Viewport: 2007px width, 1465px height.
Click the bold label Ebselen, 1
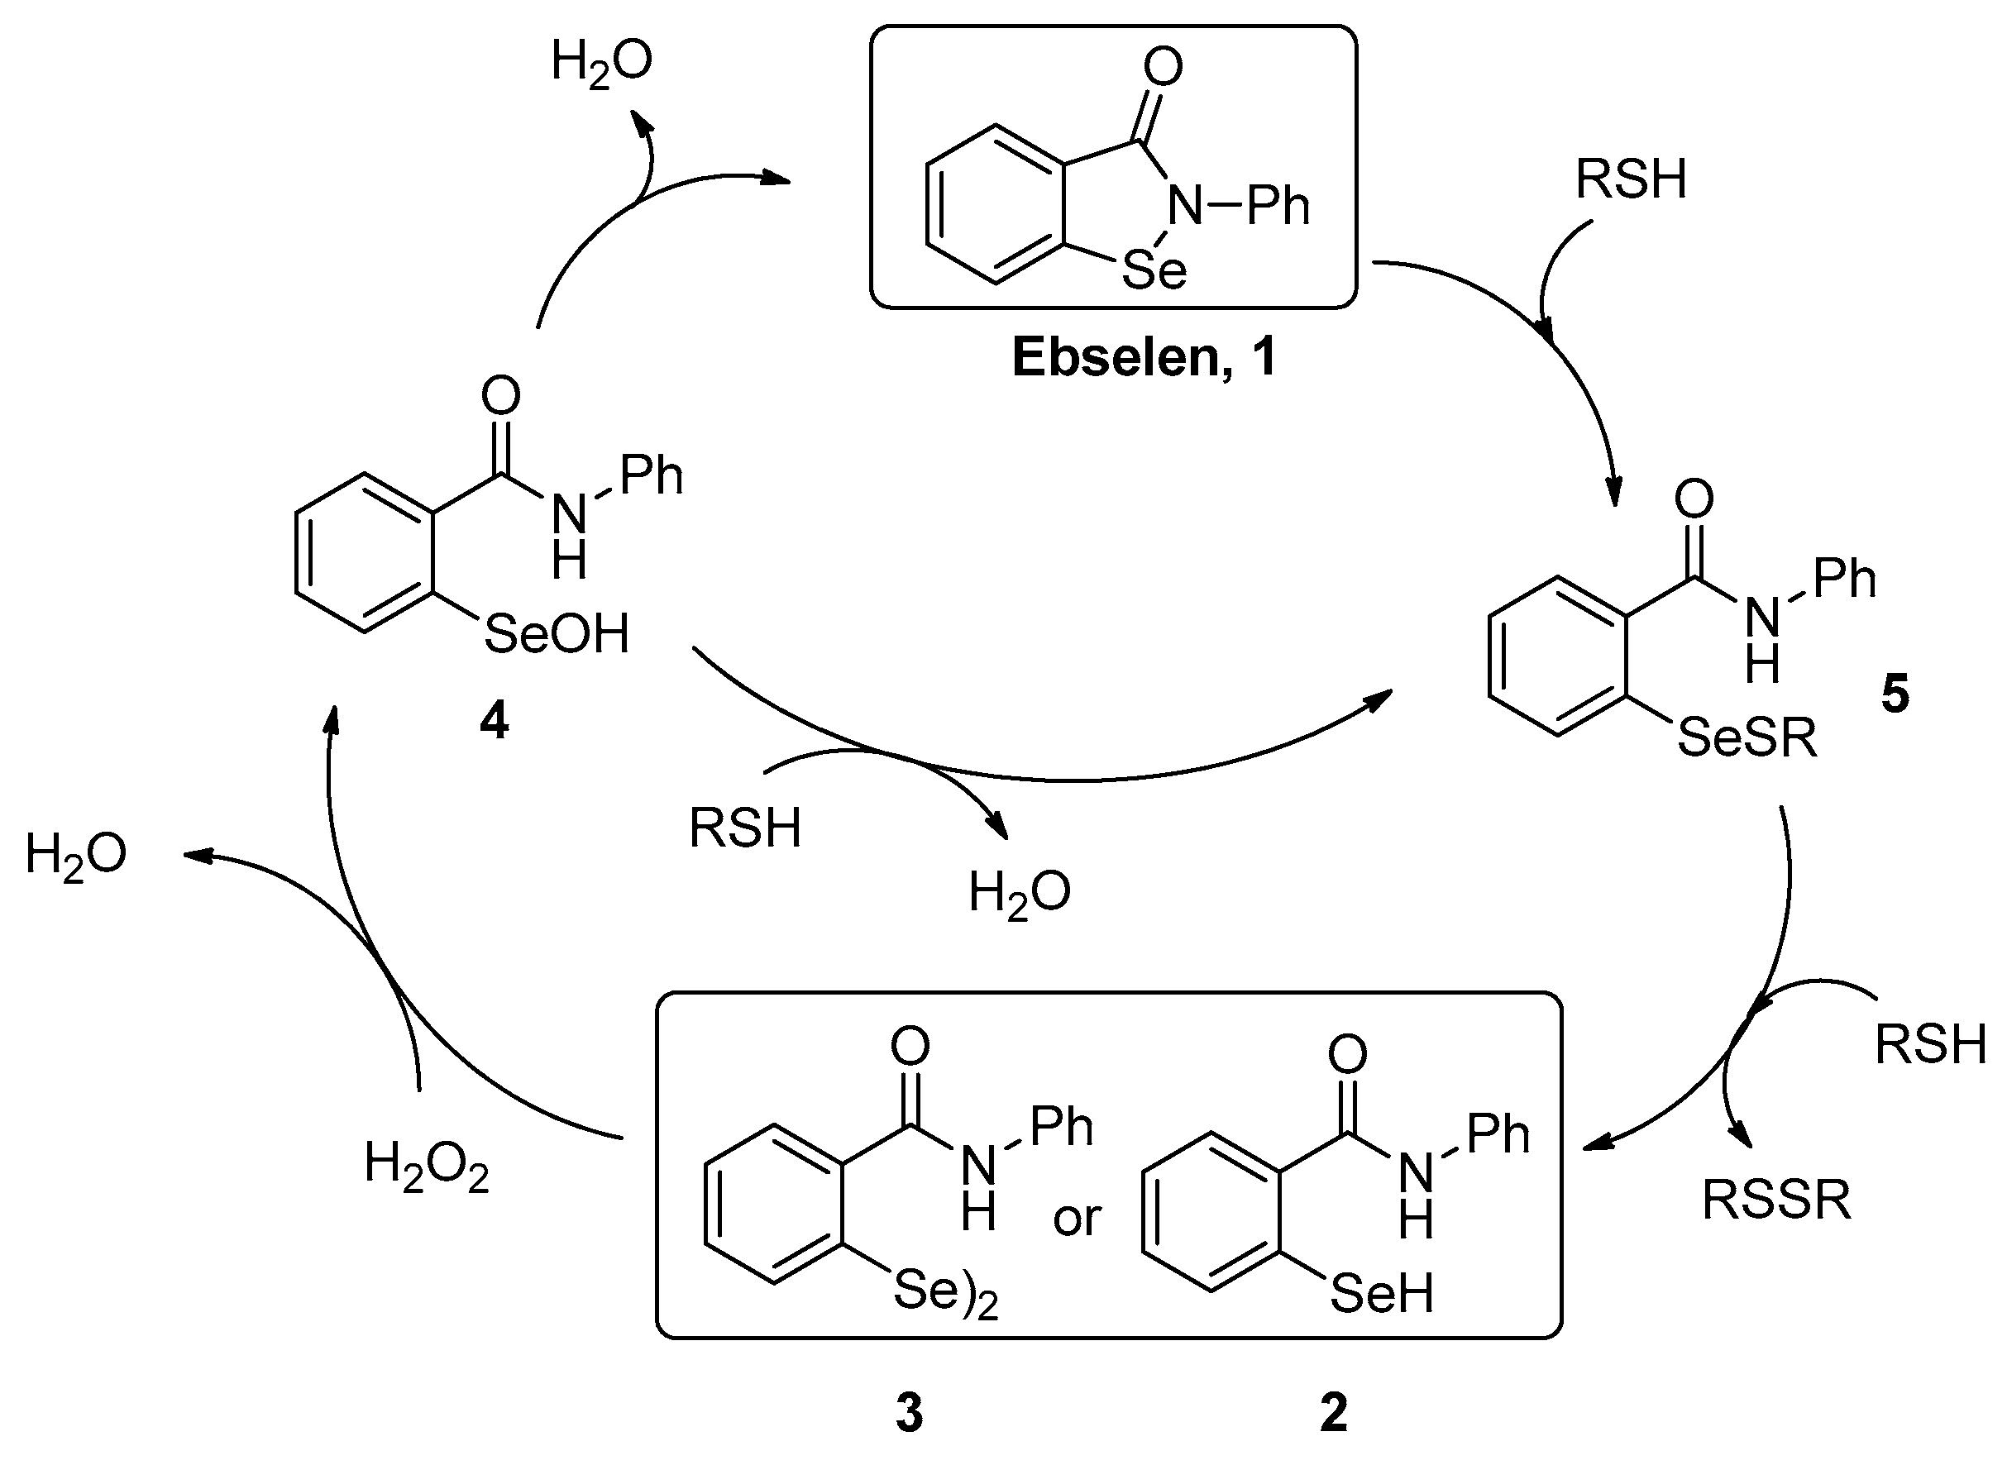click(1143, 358)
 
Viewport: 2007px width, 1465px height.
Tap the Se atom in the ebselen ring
click(1154, 270)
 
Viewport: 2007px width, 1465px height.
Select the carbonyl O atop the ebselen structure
click(1163, 68)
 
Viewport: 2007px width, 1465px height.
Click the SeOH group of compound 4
click(556, 634)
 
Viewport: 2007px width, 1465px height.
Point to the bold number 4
click(494, 722)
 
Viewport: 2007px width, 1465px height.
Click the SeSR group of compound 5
click(1747, 737)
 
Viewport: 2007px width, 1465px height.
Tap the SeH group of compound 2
click(1381, 1294)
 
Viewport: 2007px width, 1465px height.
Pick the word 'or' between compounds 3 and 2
click(1077, 1219)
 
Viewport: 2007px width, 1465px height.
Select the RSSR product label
click(1776, 1200)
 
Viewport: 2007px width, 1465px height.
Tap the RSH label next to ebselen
click(1630, 180)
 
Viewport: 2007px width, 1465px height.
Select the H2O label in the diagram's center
click(1019, 893)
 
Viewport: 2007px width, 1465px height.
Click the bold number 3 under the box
click(909, 1414)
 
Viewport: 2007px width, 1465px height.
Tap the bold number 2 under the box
click(1334, 1414)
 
